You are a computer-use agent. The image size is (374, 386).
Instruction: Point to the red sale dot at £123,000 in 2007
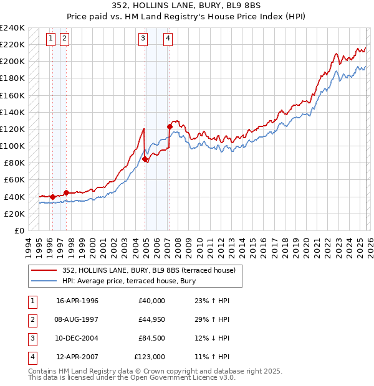(170, 126)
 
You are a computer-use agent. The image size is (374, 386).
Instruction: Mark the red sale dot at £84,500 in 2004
(145, 159)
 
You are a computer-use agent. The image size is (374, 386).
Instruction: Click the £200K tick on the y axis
(12, 62)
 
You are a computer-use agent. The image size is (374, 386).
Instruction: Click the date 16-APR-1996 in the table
(77, 301)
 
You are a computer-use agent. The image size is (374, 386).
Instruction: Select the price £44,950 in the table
(150, 319)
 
